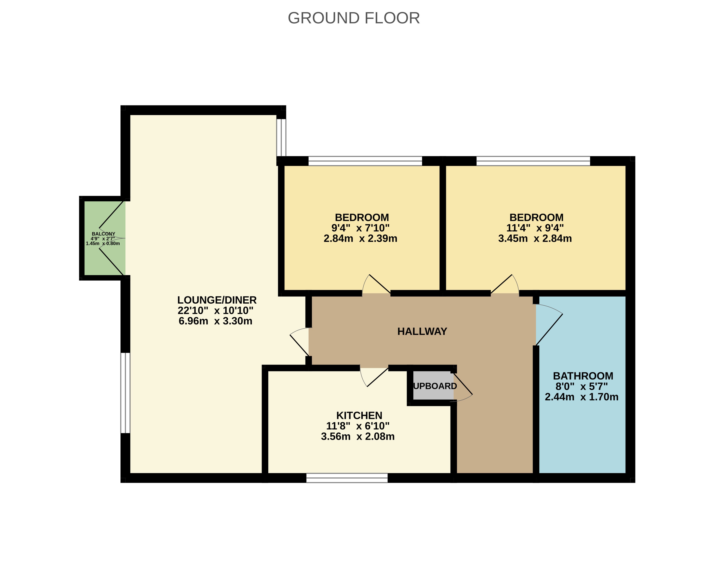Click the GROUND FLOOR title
click(x=354, y=18)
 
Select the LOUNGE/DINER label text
click(x=217, y=300)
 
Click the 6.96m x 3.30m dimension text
click(x=215, y=321)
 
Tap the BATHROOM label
click(x=583, y=376)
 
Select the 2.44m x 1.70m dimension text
click(x=581, y=397)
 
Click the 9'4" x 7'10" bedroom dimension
click(x=360, y=228)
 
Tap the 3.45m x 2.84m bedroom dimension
click(x=535, y=238)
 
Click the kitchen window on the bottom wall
click(x=347, y=478)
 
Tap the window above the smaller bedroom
click(x=365, y=161)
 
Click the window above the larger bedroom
click(x=533, y=161)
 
